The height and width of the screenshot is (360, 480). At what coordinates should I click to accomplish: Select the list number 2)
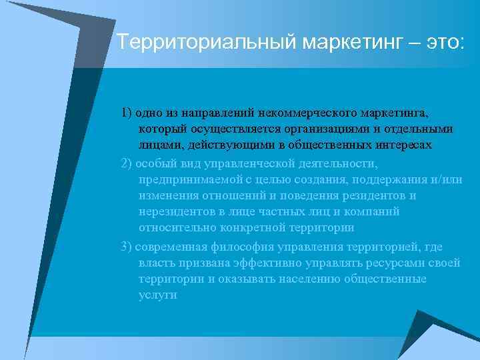[127, 163]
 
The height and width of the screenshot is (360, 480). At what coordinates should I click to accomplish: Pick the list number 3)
[127, 246]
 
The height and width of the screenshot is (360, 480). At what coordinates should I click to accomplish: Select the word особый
[155, 163]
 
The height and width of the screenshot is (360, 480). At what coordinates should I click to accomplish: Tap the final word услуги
[158, 295]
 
